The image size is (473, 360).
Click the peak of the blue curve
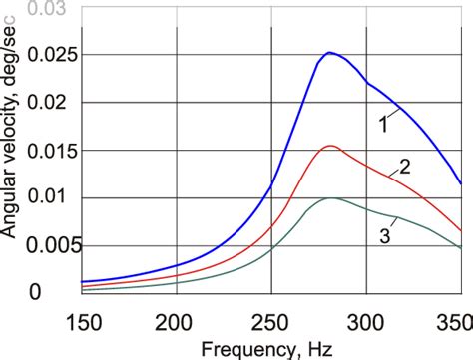(x=329, y=53)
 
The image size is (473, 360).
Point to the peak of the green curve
(x=330, y=198)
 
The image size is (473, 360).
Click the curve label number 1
(x=383, y=125)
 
